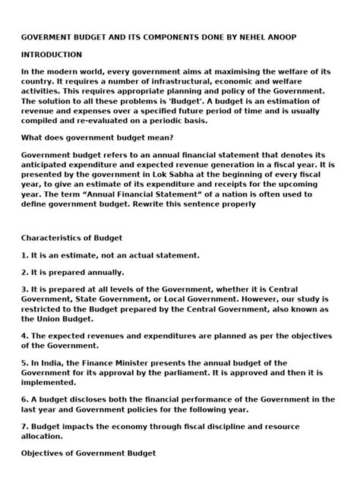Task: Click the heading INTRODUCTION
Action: coord(52,55)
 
